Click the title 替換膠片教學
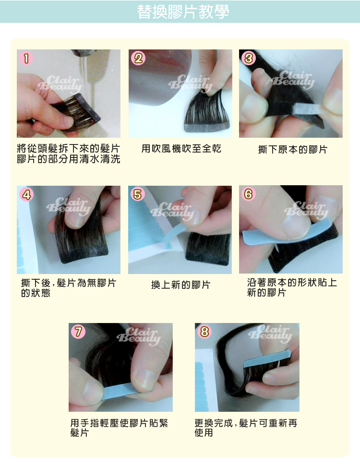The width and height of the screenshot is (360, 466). tap(183, 12)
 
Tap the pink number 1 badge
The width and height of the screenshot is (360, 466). tap(26, 58)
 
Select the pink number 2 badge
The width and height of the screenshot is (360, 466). tap(138, 58)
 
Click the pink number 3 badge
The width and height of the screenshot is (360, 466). tap(249, 58)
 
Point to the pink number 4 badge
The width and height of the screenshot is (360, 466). tap(26, 195)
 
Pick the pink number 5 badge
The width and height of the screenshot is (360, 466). tap(138, 194)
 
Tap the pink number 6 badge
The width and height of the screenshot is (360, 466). tap(249, 194)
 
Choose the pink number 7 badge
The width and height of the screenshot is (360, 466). tap(78, 332)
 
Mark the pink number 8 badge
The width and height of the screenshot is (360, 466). tap(204, 331)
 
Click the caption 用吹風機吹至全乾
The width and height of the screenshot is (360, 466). tap(181, 149)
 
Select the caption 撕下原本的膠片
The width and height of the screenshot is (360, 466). tap(292, 149)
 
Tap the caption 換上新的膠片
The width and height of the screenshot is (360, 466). tap(181, 285)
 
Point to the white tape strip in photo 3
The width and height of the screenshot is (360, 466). tap(307, 109)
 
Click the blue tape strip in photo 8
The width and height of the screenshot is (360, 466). tap(267, 359)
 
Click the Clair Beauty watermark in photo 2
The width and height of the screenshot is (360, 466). tap(190, 83)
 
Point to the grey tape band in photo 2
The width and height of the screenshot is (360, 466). tap(207, 127)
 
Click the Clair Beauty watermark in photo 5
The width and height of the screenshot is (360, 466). tap(172, 210)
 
